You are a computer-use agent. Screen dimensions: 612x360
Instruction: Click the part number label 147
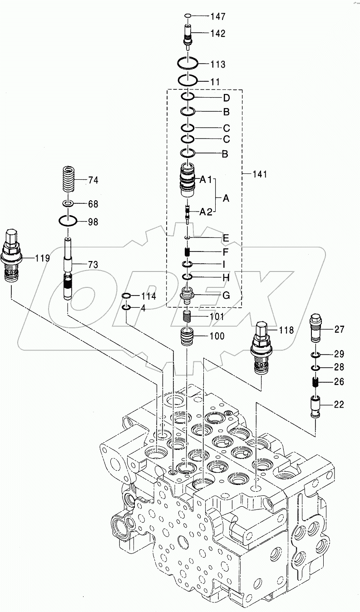pyautogui.click(x=217, y=17)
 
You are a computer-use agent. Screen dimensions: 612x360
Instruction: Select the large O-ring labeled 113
pyautogui.click(x=187, y=62)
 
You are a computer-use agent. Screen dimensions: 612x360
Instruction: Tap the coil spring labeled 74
pyautogui.click(x=69, y=179)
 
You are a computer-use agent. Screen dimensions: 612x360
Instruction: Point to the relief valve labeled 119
pyautogui.click(x=13, y=257)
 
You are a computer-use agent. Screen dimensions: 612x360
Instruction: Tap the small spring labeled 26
pyautogui.click(x=316, y=382)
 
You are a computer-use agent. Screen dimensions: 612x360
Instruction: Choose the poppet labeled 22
pyautogui.click(x=316, y=405)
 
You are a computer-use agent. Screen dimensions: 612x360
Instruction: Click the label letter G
pyautogui.click(x=226, y=295)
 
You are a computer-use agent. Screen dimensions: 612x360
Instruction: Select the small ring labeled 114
pyautogui.click(x=128, y=296)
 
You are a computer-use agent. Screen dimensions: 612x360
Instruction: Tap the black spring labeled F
pyautogui.click(x=187, y=251)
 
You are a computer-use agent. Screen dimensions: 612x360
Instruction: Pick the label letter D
pyautogui.click(x=226, y=98)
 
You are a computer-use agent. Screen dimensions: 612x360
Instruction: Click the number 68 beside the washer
pyautogui.click(x=93, y=204)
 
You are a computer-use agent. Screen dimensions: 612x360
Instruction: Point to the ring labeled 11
pyautogui.click(x=187, y=80)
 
